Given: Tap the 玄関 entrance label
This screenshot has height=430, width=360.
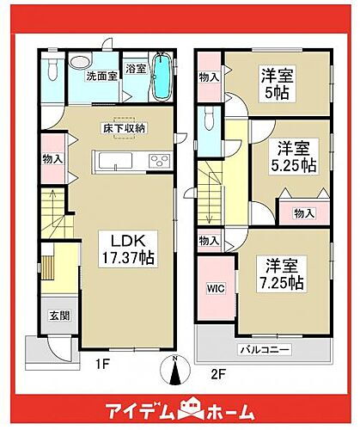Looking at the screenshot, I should [52, 315].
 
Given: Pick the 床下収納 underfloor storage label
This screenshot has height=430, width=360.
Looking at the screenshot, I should [125, 127].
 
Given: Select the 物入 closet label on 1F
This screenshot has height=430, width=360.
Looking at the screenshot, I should [52, 158].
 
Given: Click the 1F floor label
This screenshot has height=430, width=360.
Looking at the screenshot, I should [101, 365].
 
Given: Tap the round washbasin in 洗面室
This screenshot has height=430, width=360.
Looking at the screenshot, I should [79, 62].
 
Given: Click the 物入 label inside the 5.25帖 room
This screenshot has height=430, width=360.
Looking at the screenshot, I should [302, 212].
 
